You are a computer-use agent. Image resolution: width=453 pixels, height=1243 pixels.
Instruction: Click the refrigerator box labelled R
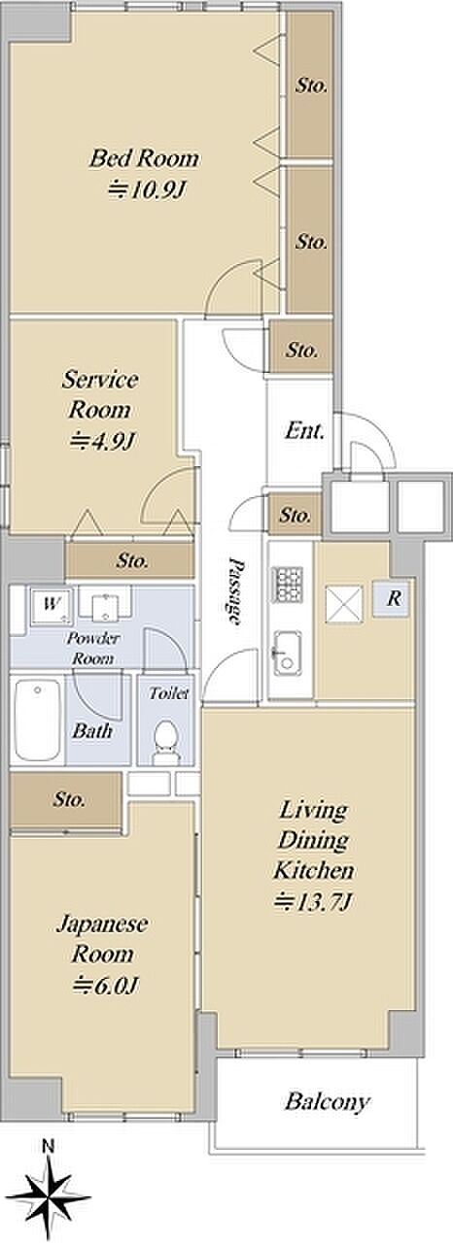[x=392, y=599]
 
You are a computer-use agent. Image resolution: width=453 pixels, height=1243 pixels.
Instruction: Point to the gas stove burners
[x=286, y=585]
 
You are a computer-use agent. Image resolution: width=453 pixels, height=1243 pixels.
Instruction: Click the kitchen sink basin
[x=286, y=654]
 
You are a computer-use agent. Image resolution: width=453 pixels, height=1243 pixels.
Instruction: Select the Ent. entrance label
[x=304, y=430]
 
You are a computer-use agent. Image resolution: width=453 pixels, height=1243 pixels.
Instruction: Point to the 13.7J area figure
[x=314, y=903]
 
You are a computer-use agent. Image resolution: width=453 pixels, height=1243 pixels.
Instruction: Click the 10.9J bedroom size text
[x=146, y=190]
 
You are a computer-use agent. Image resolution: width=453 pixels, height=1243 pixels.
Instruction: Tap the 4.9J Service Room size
[x=102, y=441]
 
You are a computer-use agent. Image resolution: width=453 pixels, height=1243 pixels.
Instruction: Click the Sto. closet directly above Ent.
[x=302, y=351]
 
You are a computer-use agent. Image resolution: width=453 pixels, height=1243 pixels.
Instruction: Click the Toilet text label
[x=169, y=693]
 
